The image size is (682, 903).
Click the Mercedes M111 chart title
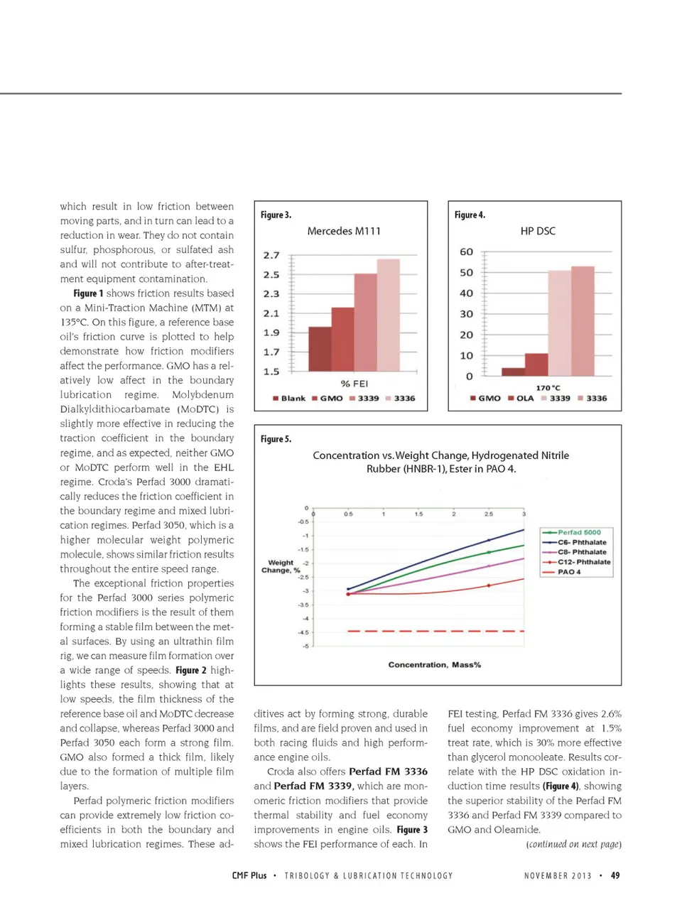tap(344, 231)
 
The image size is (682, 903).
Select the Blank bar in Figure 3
tap(320, 348)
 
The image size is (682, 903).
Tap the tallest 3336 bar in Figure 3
tap(388, 315)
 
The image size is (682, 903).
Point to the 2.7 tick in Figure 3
tap(271, 255)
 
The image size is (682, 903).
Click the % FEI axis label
tap(354, 384)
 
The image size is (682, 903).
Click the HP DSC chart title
tap(538, 231)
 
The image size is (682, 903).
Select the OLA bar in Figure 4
tap(536, 364)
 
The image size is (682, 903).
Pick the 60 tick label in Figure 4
tap(466, 252)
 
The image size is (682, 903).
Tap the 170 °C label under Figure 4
tap(548, 388)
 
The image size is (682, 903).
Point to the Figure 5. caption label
tap(276, 439)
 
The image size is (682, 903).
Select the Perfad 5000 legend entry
tap(577, 532)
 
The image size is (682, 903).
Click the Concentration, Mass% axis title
tap(434, 665)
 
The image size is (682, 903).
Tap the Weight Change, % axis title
tap(281, 566)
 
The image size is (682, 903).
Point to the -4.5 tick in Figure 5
tap(303, 632)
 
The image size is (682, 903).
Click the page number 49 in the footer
tap(615, 875)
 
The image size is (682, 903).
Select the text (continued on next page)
tap(573, 844)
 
